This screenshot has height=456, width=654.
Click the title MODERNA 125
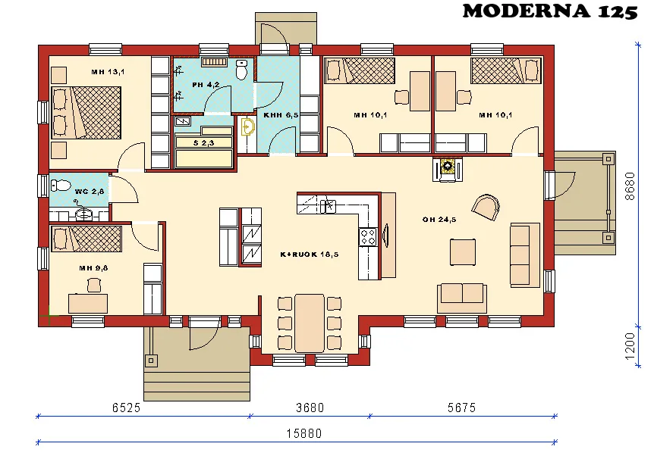pos(549,11)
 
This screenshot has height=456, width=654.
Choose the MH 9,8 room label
pos(95,268)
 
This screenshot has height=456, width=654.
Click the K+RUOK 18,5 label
pos(309,255)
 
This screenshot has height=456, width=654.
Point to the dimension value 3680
pos(309,408)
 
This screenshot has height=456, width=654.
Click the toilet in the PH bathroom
pos(242,70)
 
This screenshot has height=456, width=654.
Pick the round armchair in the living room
pos(485,206)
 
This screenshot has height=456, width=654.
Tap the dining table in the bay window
pos(309,322)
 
